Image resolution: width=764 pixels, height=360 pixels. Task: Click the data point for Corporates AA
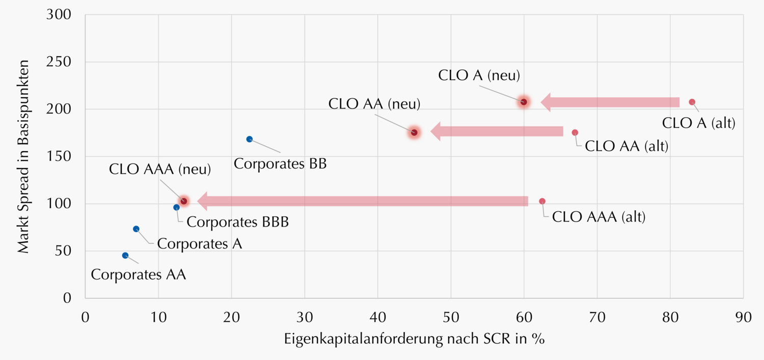(125, 255)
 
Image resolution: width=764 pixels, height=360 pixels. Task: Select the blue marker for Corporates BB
(250, 139)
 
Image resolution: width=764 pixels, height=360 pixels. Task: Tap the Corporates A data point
(136, 229)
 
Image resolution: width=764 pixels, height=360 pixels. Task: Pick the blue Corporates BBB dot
(176, 207)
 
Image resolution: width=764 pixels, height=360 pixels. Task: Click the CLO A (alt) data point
(692, 102)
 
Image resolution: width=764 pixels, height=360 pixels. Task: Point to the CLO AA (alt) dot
(575, 132)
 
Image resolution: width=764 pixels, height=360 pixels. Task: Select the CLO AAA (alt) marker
(542, 201)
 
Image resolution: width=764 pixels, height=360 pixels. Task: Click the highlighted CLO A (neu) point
(524, 102)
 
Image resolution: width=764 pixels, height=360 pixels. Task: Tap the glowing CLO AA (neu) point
(414, 132)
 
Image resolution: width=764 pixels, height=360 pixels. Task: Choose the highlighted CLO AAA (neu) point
(184, 201)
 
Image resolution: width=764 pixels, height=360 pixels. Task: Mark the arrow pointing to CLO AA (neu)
(497, 131)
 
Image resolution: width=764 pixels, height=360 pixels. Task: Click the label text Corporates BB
(280, 164)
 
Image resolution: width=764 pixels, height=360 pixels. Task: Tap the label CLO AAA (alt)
(598, 217)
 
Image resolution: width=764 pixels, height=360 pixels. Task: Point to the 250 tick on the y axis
(60, 62)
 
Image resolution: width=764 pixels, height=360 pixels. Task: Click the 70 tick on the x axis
(597, 317)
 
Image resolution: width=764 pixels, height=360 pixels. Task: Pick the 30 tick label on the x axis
(305, 317)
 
